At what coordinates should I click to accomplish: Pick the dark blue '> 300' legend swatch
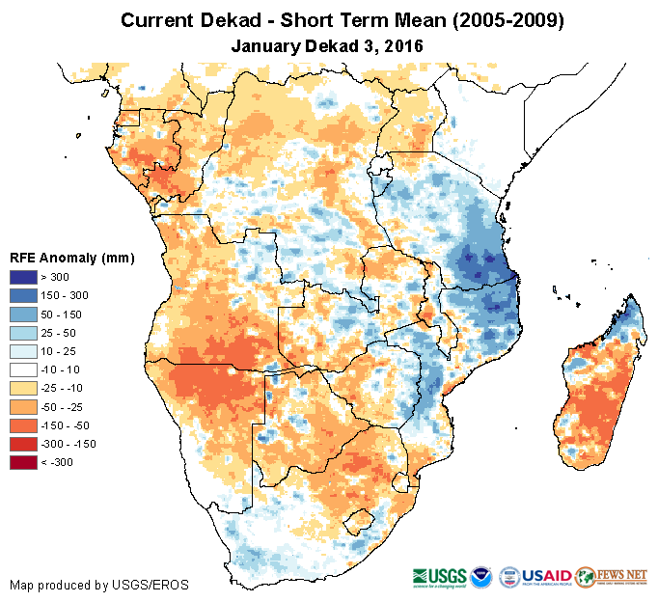pyautogui.click(x=25, y=277)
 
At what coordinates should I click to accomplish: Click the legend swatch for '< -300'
pyautogui.click(x=25, y=462)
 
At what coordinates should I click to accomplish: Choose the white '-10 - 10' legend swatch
pyautogui.click(x=25, y=369)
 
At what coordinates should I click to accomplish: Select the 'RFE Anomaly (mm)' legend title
pyautogui.click(x=71, y=258)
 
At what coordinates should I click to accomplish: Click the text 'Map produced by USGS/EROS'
pyautogui.click(x=98, y=585)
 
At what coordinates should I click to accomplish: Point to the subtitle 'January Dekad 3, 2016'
pyautogui.click(x=328, y=45)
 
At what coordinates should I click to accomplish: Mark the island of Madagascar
pyautogui.click(x=597, y=386)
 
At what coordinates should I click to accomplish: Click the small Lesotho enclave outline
pyautogui.click(x=364, y=520)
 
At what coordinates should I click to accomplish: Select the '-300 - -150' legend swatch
pyautogui.click(x=25, y=444)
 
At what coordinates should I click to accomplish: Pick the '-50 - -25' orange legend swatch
pyautogui.click(x=25, y=407)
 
